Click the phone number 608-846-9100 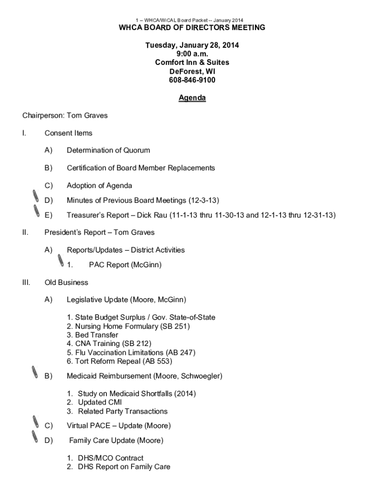[x=192, y=80]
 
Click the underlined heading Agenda [x=192, y=98]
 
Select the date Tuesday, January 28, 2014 [x=192, y=45]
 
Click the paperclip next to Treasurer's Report [x=36, y=212]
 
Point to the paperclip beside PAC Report [x=61, y=261]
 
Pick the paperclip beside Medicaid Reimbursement [x=34, y=373]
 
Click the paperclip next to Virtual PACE [x=34, y=422]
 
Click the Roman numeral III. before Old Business [x=27, y=283]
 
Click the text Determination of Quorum [x=108, y=151]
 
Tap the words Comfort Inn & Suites [x=192, y=63]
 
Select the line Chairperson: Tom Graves [x=64, y=116]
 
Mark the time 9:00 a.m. [x=192, y=54]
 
